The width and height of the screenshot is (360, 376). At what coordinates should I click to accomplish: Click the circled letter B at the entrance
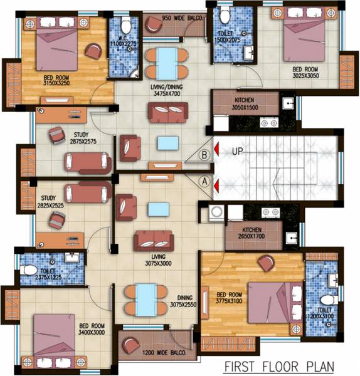204,155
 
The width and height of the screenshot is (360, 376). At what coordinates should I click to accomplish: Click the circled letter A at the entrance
204,181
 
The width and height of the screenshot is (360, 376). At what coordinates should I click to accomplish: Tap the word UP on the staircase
237,152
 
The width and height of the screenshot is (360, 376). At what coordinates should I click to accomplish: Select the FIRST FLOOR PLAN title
279,367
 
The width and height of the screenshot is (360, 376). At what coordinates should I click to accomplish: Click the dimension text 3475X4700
167,93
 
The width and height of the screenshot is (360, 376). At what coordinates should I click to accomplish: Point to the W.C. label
123,38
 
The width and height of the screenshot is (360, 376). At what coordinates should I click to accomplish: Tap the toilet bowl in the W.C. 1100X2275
125,25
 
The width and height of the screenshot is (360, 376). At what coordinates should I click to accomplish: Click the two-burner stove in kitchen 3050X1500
269,123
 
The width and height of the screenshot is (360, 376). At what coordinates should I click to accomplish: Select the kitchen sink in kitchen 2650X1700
292,238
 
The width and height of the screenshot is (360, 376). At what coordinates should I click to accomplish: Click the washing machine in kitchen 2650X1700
217,212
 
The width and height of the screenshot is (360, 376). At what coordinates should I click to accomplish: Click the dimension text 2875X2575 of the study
83,142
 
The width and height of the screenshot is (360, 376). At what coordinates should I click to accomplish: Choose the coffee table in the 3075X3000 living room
159,209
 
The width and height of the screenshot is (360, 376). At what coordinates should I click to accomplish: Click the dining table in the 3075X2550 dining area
146,300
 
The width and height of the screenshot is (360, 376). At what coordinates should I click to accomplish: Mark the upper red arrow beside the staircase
216,149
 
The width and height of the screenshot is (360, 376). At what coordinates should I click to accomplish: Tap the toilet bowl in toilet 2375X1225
28,270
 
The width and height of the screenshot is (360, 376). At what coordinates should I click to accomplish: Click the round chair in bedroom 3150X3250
93,51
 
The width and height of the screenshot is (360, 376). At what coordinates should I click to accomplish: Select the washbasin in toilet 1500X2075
248,53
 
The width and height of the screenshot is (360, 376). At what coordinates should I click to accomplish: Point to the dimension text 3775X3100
229,301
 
